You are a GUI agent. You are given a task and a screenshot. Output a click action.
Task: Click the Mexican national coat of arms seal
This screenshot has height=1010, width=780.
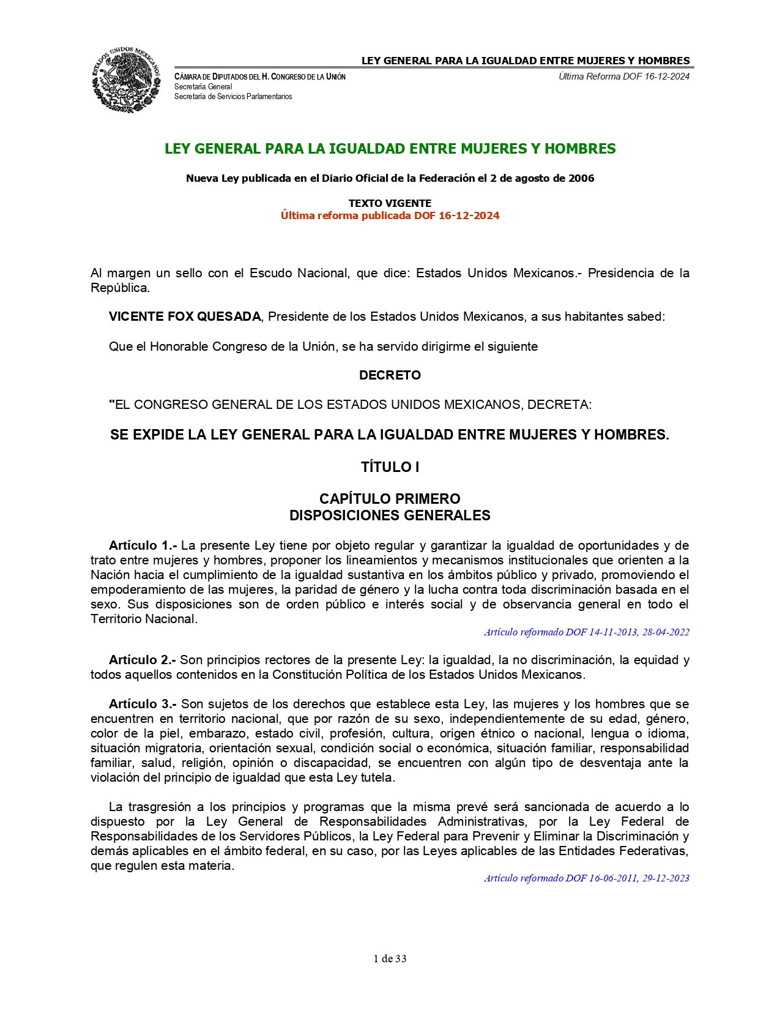pos(126,80)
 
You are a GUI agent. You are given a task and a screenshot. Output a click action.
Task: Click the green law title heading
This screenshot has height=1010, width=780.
pos(390,149)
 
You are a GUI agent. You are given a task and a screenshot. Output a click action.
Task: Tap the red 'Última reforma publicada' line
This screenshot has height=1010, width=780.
pos(390,215)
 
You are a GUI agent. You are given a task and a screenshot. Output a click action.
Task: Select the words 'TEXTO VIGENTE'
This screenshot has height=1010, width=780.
pos(390,203)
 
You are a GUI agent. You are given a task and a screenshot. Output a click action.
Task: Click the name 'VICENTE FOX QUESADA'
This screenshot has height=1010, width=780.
pos(185,316)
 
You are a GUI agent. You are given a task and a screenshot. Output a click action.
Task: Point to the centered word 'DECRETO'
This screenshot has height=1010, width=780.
pos(390,375)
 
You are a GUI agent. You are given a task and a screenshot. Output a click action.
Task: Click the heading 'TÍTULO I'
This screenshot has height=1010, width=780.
pos(390,467)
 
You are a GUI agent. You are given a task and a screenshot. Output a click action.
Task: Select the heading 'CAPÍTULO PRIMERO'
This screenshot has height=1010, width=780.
pos(390,499)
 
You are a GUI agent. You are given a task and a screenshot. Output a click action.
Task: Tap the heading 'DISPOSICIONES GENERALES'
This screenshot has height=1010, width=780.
pos(390,515)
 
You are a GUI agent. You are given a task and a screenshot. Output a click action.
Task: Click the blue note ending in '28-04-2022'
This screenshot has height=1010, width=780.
pos(586,632)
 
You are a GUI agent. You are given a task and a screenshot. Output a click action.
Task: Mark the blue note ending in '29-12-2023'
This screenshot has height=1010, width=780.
pos(586,878)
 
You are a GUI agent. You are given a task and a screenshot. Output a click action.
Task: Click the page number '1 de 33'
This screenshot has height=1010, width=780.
pos(390,959)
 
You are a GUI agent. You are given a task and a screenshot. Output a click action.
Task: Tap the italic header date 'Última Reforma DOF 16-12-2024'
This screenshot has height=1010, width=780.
pos(624,77)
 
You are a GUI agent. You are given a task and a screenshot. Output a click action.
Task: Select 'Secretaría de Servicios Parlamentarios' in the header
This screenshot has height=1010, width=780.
pos(233,97)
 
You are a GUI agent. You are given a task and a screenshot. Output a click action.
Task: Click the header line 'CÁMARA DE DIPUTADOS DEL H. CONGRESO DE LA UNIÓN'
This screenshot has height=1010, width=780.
pos(260,77)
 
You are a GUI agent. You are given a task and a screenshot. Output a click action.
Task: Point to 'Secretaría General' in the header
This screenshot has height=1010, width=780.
pos(203,87)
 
